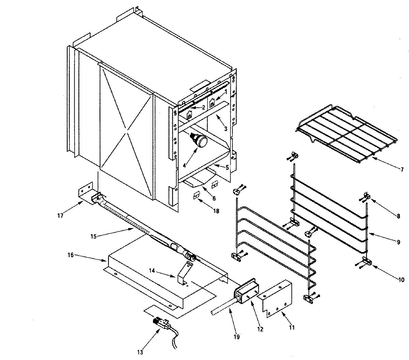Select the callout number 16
[70, 255]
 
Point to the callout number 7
[402, 169]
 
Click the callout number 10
[401, 280]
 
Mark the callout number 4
[184, 165]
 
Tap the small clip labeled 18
[196, 196]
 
